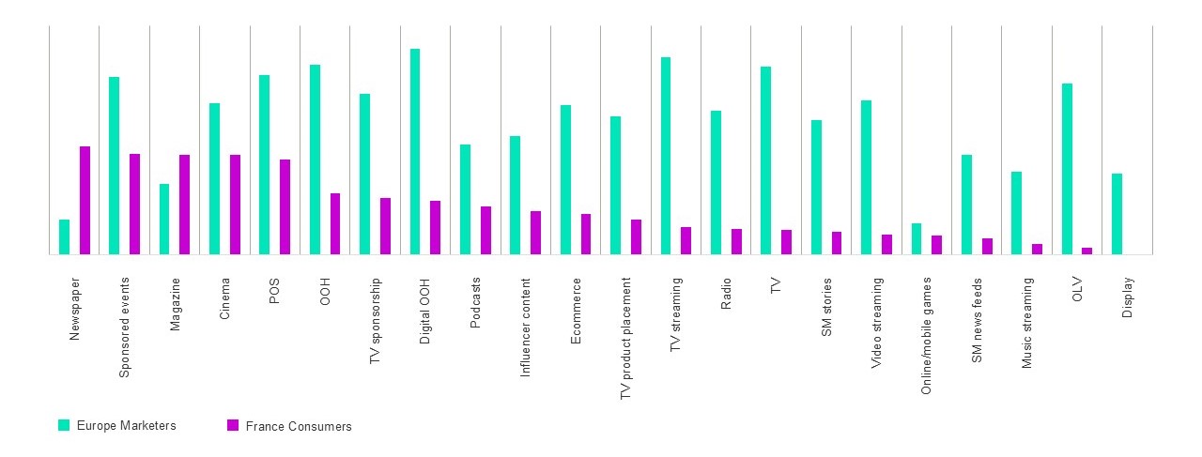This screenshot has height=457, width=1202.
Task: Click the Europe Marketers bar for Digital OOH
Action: [415, 151]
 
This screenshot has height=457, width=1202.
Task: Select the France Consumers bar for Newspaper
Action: [85, 200]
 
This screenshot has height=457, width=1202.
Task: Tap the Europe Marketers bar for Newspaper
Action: [64, 236]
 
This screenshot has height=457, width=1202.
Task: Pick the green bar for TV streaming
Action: [666, 156]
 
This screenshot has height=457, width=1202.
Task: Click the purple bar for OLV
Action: [1087, 251]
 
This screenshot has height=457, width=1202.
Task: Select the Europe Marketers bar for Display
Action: [1117, 214]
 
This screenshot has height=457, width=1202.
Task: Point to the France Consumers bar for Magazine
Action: [185, 205]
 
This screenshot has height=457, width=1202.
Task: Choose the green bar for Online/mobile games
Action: [917, 238]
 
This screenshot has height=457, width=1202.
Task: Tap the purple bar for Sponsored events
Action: [134, 204]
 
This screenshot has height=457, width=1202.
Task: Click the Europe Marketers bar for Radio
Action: [716, 182]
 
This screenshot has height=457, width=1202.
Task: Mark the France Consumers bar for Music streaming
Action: [1037, 249]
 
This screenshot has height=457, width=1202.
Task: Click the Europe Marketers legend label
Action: [127, 426]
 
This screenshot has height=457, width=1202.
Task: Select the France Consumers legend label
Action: [299, 427]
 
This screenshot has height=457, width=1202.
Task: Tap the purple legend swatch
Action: [233, 426]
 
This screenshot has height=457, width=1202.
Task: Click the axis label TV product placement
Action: [626, 339]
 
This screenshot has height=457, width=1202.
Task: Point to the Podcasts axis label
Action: [476, 302]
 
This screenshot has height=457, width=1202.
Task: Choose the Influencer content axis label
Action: [526, 328]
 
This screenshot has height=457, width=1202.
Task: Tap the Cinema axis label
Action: [225, 299]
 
